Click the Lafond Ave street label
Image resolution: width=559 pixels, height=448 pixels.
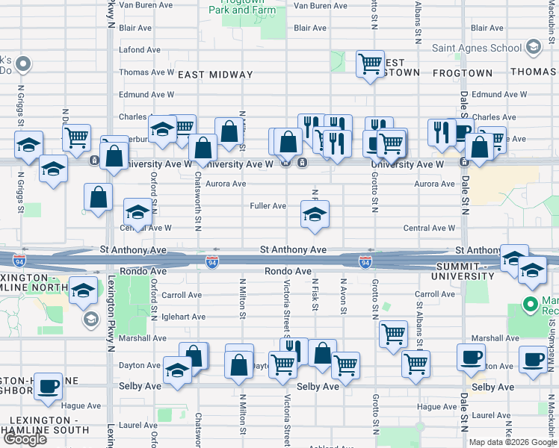click(140, 50)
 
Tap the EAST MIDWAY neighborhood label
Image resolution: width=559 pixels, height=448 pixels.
click(215, 75)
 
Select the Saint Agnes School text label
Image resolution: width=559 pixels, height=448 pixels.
click(477, 48)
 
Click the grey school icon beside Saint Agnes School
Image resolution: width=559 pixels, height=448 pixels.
click(533, 48)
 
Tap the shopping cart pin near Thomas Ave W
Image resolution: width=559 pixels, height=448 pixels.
click(369, 64)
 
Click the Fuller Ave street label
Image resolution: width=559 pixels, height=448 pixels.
click(268, 206)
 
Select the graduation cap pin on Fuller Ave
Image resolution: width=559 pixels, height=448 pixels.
click(315, 214)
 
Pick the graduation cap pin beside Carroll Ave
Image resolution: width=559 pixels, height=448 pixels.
click(83, 290)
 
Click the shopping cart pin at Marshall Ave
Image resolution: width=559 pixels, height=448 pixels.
click(392, 335)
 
